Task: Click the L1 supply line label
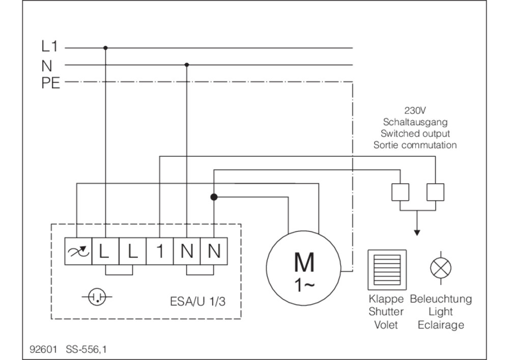click(50, 46)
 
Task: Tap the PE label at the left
click(50, 84)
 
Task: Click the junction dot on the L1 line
click(105, 48)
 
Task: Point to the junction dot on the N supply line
click(187, 65)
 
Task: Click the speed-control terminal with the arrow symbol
click(78, 251)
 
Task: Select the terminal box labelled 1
click(160, 251)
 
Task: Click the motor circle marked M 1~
click(303, 268)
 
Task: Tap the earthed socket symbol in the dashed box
click(97, 297)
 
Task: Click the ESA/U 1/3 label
click(197, 301)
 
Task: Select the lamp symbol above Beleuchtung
click(440, 268)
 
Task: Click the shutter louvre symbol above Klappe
click(387, 269)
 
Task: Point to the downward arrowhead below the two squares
click(417, 233)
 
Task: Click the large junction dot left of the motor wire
click(214, 197)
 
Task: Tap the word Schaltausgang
click(415, 122)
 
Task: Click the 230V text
click(415, 110)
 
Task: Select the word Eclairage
click(441, 325)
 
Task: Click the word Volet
click(386, 325)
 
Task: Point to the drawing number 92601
click(43, 349)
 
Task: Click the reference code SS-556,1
click(86, 349)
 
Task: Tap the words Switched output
click(415, 133)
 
